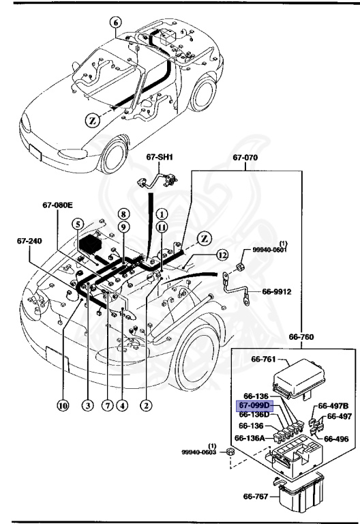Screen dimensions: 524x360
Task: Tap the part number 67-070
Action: pos(245,157)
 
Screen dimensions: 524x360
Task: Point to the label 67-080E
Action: pos(57,204)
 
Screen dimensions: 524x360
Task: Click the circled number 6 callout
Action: pos(115,22)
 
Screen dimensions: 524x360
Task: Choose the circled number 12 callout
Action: pos(222,256)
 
